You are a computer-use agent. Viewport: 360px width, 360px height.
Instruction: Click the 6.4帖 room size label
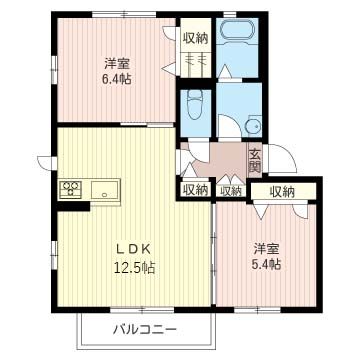(117, 80)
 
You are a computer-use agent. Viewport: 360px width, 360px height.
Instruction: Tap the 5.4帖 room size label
(266, 264)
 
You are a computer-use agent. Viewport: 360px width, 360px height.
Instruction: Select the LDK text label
(134, 249)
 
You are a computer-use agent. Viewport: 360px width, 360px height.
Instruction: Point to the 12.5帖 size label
(135, 267)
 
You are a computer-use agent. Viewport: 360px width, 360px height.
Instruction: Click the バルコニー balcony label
(145, 330)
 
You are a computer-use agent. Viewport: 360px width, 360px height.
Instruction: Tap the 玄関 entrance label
(255, 161)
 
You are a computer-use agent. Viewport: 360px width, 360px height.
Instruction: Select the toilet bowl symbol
(195, 104)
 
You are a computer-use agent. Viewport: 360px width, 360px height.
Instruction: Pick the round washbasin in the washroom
(254, 126)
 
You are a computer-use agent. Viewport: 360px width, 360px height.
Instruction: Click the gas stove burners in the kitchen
(70, 188)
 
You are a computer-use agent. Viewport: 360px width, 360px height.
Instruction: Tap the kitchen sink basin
(105, 190)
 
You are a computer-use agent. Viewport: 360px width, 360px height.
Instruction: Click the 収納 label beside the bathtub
(195, 38)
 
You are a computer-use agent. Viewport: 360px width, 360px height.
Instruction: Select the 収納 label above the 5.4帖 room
(282, 191)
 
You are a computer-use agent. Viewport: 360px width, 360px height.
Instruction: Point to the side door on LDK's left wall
(47, 162)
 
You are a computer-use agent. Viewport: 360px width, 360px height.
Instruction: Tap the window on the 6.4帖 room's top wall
(124, 14)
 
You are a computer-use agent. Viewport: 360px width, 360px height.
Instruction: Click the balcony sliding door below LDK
(142, 310)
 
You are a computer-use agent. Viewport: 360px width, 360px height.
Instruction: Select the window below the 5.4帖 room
(257, 310)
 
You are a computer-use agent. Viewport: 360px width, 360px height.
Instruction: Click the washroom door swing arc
(230, 122)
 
